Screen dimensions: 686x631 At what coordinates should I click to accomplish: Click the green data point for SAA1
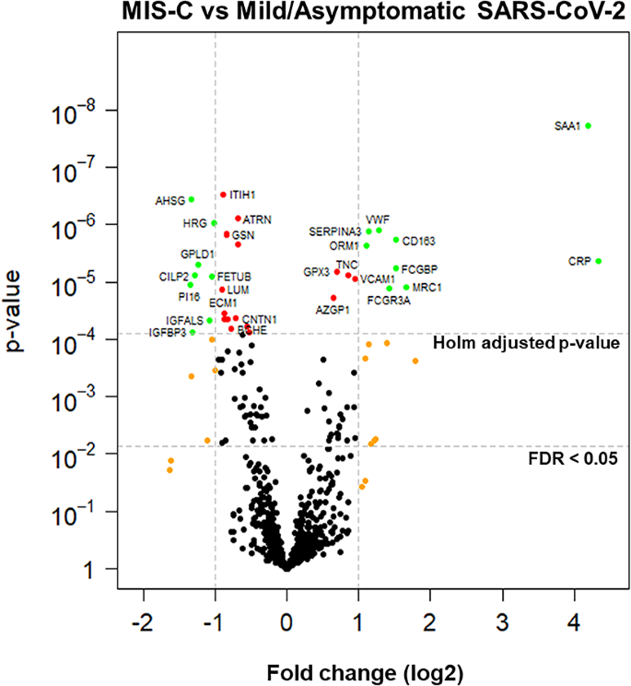click(589, 125)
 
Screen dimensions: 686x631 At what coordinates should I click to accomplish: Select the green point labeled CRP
click(599, 261)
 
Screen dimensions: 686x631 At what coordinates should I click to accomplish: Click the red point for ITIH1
click(223, 195)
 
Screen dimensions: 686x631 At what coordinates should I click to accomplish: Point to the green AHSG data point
click(192, 199)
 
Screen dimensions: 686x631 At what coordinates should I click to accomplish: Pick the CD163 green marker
click(396, 240)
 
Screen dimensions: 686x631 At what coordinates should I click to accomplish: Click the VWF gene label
click(378, 219)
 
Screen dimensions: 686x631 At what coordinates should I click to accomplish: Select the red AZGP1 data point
click(333, 298)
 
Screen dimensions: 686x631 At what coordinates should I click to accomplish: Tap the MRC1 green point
click(406, 288)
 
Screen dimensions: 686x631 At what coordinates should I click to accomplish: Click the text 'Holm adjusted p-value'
click(525, 343)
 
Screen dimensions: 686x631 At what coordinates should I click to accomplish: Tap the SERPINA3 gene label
click(335, 231)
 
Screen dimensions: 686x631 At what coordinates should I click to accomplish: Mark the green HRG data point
click(214, 223)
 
